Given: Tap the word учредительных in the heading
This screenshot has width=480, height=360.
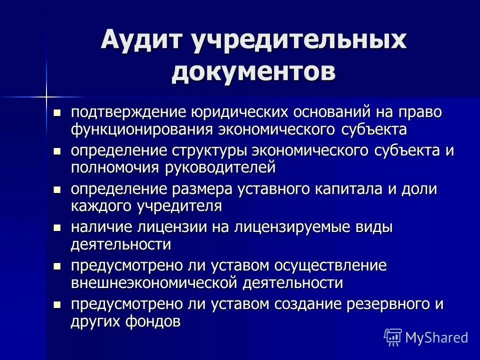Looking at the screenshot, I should pyautogui.click(x=298, y=40).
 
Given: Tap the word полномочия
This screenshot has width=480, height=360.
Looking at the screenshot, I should pyautogui.click(x=115, y=167).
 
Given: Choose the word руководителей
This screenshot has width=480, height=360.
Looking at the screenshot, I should pyautogui.click(x=220, y=167).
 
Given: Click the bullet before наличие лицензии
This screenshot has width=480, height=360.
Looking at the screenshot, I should pyautogui.click(x=56, y=228).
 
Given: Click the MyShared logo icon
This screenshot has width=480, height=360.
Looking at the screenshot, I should pyautogui.click(x=392, y=337).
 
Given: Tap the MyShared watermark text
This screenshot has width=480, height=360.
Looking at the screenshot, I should pyautogui.click(x=436, y=337).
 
